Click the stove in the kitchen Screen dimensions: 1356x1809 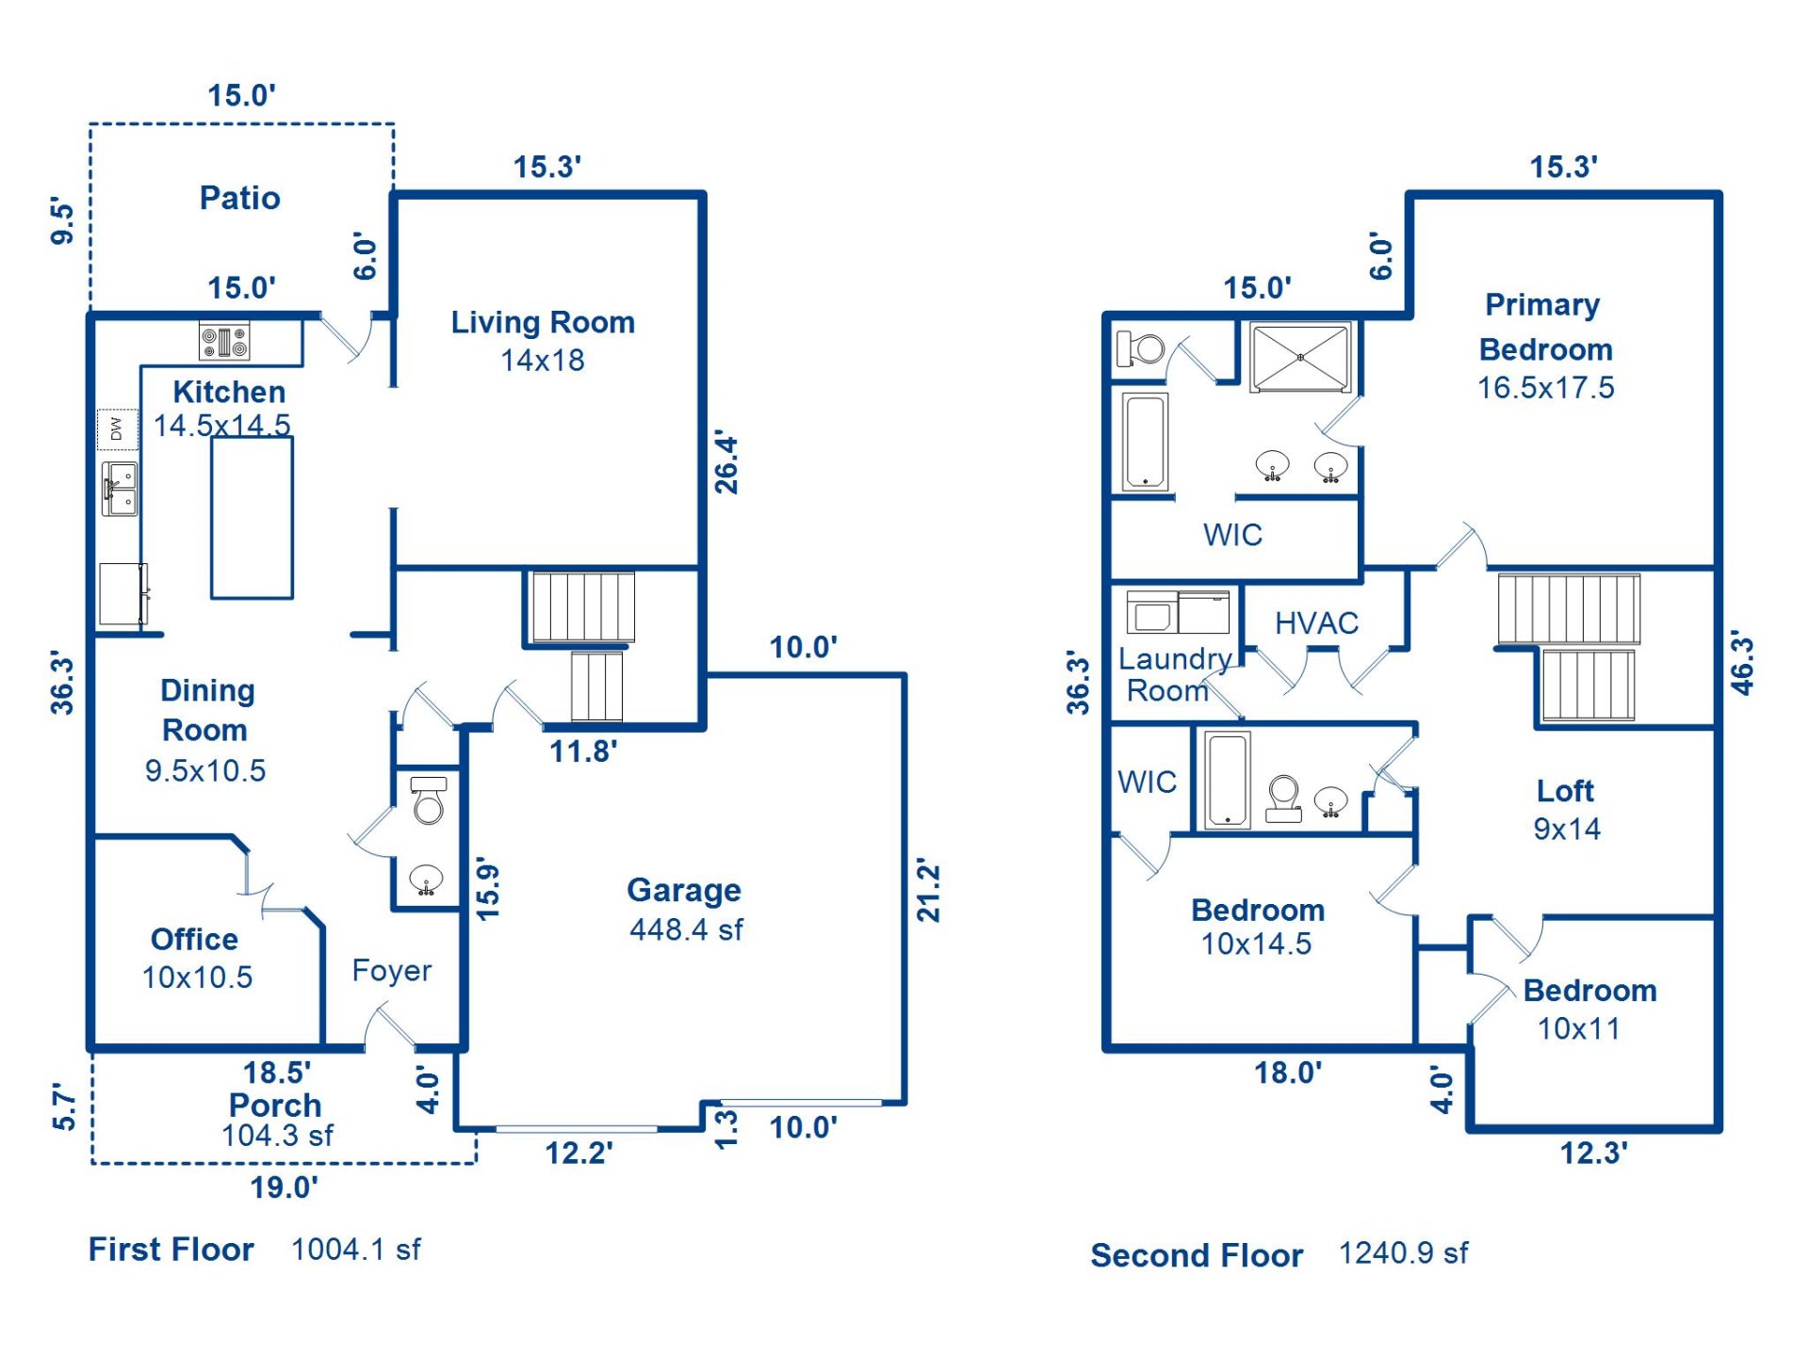[x=224, y=341]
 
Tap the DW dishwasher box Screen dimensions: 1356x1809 [x=117, y=429]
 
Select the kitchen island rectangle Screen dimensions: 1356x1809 [x=252, y=518]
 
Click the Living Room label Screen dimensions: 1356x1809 [x=543, y=323]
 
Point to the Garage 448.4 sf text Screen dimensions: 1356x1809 [x=686, y=929]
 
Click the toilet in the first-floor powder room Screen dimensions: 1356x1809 [x=429, y=801]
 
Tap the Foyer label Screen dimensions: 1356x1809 [x=392, y=970]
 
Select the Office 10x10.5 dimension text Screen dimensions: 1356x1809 [x=197, y=977]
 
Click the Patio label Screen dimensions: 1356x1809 [x=239, y=198]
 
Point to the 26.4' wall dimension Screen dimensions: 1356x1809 [x=726, y=463]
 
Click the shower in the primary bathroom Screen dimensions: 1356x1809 [x=1300, y=357]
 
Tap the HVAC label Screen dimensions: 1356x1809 [x=1316, y=623]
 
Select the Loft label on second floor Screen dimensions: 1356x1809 [x=1565, y=791]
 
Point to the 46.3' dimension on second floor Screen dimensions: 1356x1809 [x=1743, y=665]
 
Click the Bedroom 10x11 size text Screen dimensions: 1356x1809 [x=1579, y=1028]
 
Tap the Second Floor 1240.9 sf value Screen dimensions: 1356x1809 [x=1403, y=1253]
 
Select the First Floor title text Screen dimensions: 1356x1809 [x=171, y=1250]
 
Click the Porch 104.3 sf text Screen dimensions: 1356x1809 [x=277, y=1136]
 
